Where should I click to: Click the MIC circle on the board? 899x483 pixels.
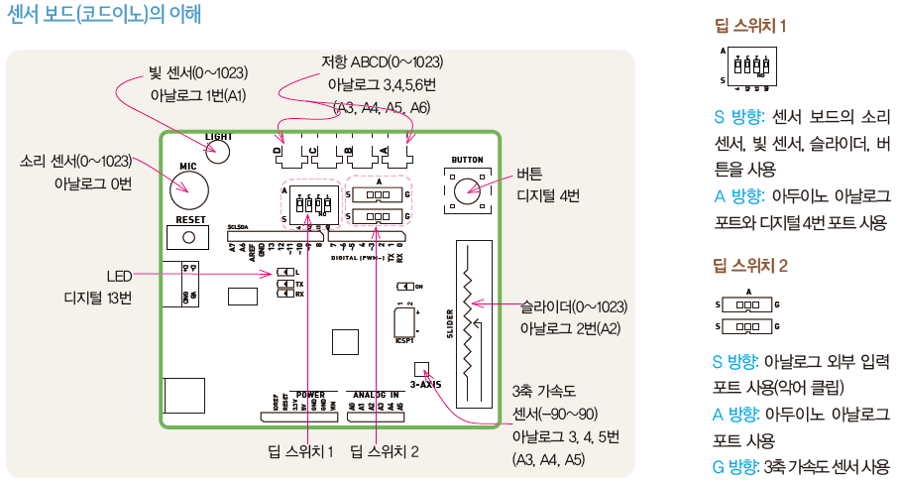188,183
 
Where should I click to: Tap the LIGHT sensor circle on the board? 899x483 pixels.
217,151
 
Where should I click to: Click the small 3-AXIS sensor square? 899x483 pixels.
420,368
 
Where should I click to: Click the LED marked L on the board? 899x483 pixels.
285,272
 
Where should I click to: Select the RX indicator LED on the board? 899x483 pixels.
285,294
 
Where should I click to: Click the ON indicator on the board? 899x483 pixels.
405,286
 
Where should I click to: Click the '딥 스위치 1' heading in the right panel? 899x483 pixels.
750,27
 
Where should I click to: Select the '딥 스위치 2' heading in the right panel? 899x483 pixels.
750,266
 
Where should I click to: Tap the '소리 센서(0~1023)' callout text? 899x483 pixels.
75,161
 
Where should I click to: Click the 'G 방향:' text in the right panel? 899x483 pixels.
732,466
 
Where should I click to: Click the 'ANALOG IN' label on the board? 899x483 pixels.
375,395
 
